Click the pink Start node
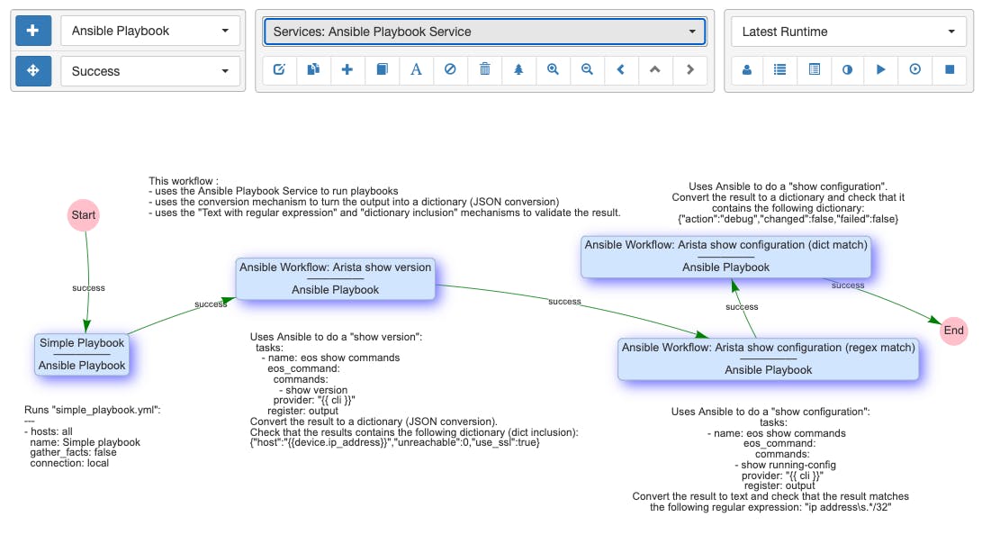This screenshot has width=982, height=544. tap(84, 215)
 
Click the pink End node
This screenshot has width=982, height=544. tap(953, 331)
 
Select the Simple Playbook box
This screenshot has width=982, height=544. tap(82, 354)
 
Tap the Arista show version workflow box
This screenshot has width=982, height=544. tap(335, 278)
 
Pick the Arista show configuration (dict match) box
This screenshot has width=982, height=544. tap(725, 257)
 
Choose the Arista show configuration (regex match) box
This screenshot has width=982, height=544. tap(769, 358)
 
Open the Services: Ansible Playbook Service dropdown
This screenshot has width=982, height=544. tap(485, 32)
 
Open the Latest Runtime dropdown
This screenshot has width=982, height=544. tap(848, 32)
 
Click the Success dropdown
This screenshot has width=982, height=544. tap(150, 71)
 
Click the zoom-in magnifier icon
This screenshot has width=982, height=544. tap(553, 69)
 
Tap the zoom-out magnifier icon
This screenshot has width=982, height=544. tap(587, 69)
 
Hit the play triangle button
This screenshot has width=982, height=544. tap(881, 69)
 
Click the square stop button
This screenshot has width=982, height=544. tap(950, 69)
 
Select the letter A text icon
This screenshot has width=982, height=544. tap(416, 69)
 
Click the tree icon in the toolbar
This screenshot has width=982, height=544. tap(518, 69)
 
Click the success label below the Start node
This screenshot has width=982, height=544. tap(88, 288)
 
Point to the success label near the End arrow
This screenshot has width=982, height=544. tap(848, 286)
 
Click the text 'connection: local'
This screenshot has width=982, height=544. tap(69, 463)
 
